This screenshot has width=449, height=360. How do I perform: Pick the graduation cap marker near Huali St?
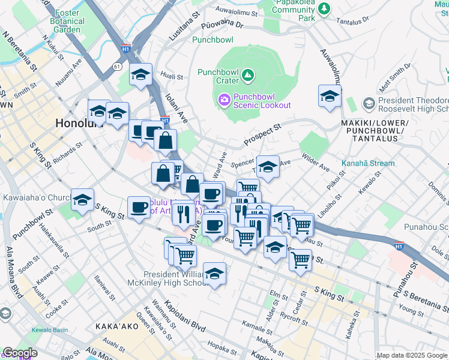[x=140, y=75]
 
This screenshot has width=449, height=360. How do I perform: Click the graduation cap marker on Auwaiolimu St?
[x=330, y=97]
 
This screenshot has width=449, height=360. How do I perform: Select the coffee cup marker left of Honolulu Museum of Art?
[x=139, y=208]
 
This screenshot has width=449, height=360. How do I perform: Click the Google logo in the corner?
[x=20, y=353]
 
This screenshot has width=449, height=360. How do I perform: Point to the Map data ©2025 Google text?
[x=412, y=355]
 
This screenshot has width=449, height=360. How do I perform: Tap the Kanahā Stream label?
[x=368, y=163]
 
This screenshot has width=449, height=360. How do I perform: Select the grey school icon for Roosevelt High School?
[x=369, y=106]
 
